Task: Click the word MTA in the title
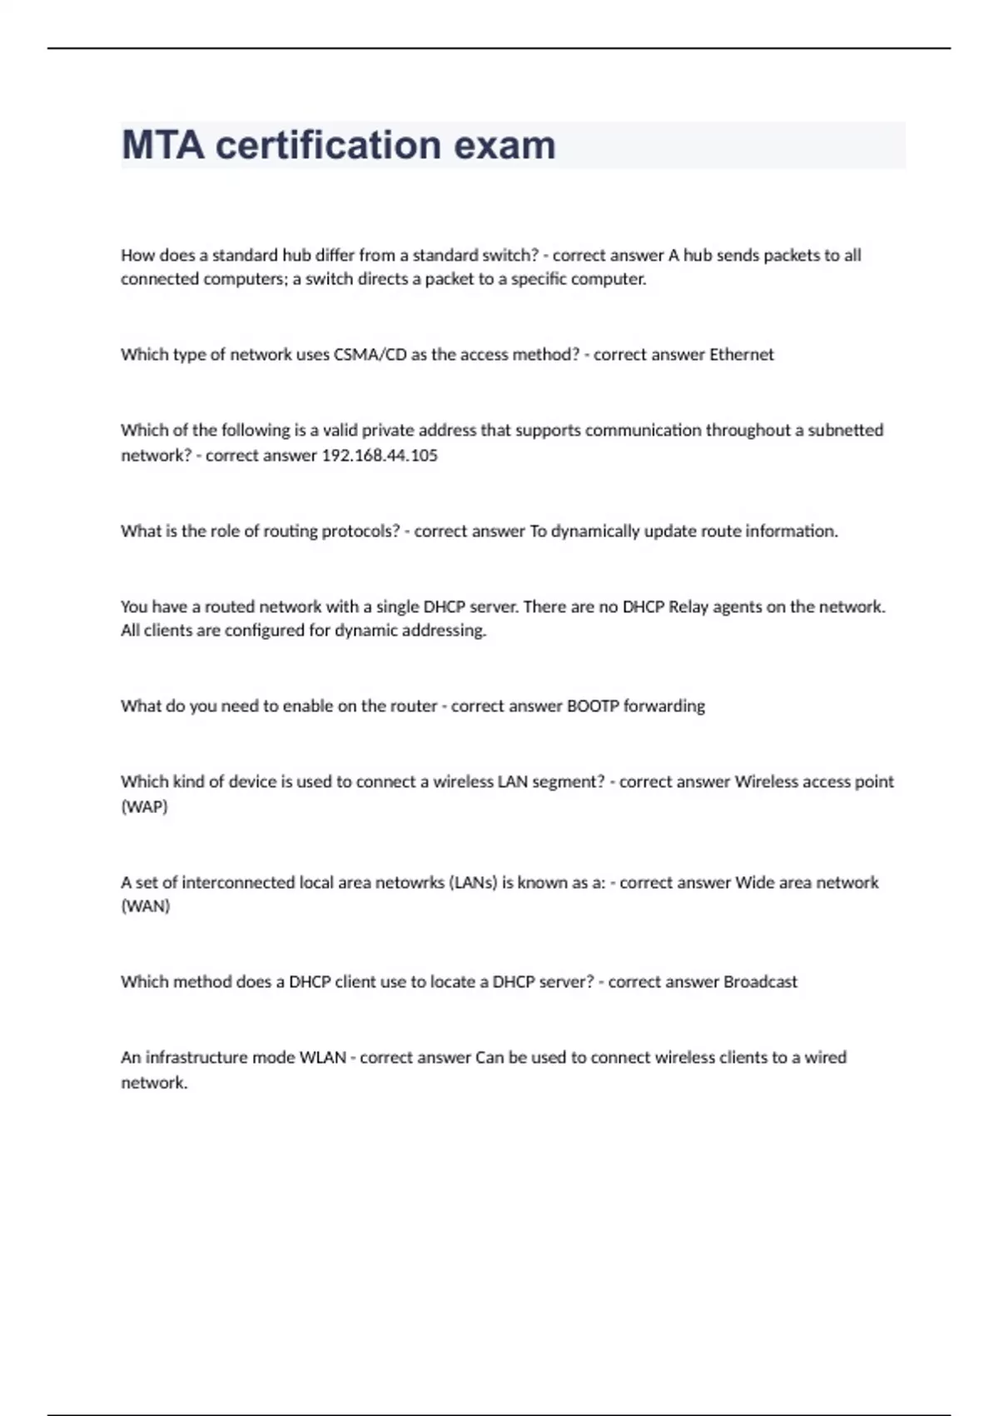pos(162,145)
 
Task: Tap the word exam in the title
pos(504,145)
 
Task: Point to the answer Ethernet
pos(741,355)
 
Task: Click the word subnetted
pos(845,431)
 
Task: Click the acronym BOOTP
pos(593,706)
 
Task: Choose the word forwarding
pos(664,706)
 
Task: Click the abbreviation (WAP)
pos(144,807)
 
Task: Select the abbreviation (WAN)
pos(145,906)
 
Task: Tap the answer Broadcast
pos(760,982)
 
